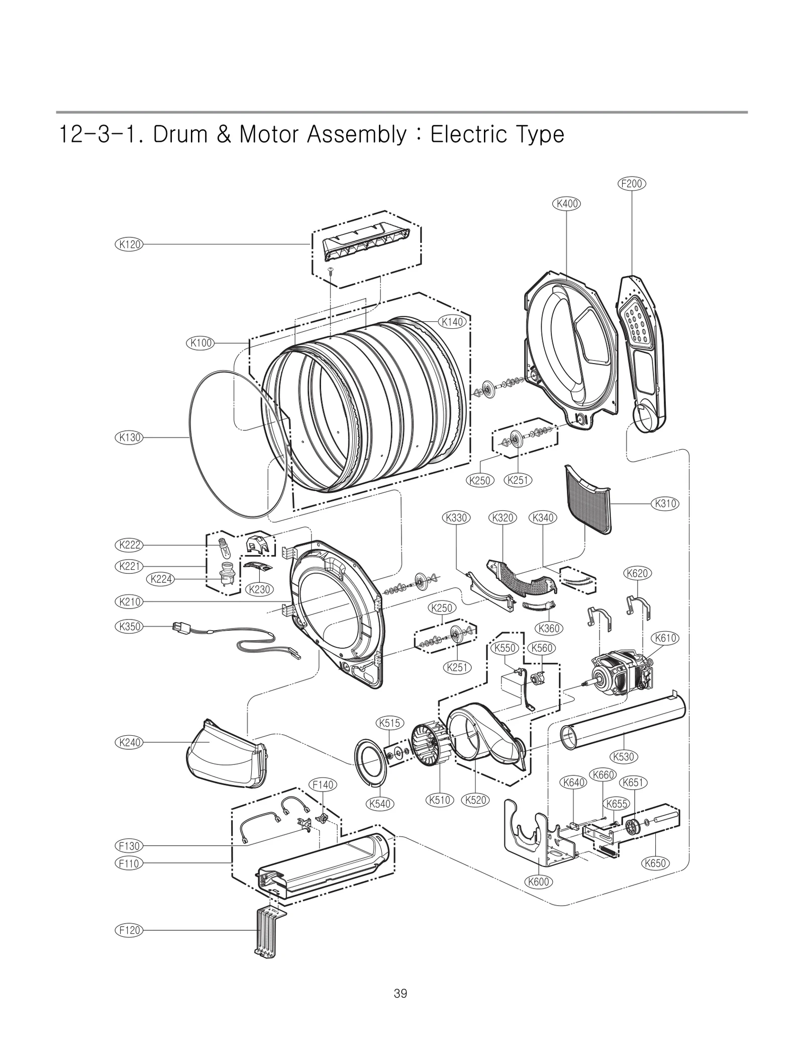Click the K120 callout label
coord(129,244)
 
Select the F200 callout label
coord(631,184)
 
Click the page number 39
coord(400,993)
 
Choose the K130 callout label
coord(129,438)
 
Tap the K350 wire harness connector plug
coord(178,627)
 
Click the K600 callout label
coord(539,882)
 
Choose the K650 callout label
coord(655,863)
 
